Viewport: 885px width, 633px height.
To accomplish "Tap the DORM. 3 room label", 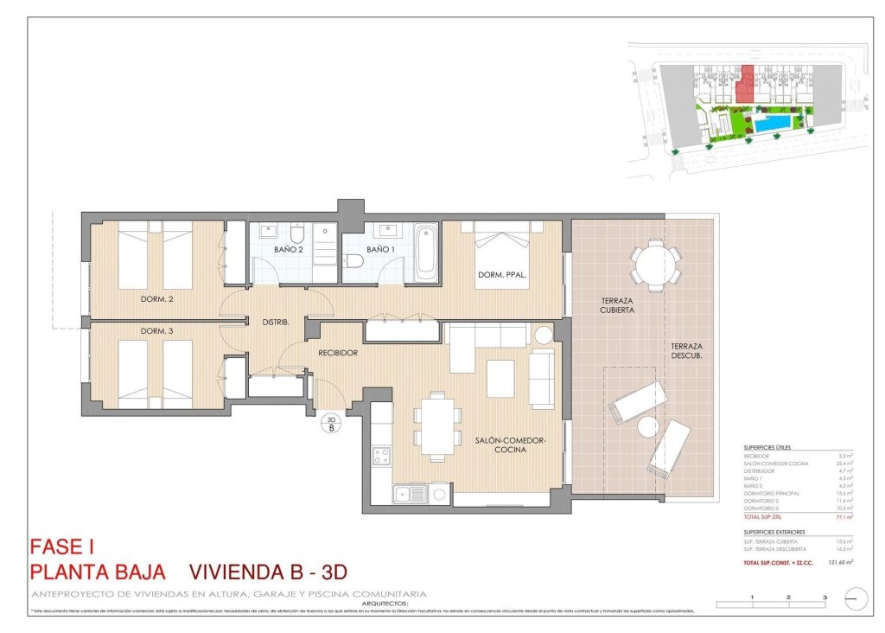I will coord(158,331).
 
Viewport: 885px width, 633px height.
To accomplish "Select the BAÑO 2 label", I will coord(289,250).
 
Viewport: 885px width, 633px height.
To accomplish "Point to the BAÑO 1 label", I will coord(380,250).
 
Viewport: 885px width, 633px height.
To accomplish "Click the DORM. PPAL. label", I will coord(502,276).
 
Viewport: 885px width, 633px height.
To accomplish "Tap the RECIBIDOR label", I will coord(338,353).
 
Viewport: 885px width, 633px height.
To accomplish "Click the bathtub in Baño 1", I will coord(425,253).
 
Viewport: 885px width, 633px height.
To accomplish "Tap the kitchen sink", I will coord(411,495).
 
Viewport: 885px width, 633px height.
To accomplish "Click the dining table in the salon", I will coord(438,423).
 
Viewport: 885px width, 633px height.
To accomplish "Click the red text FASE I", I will coord(60,547).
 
